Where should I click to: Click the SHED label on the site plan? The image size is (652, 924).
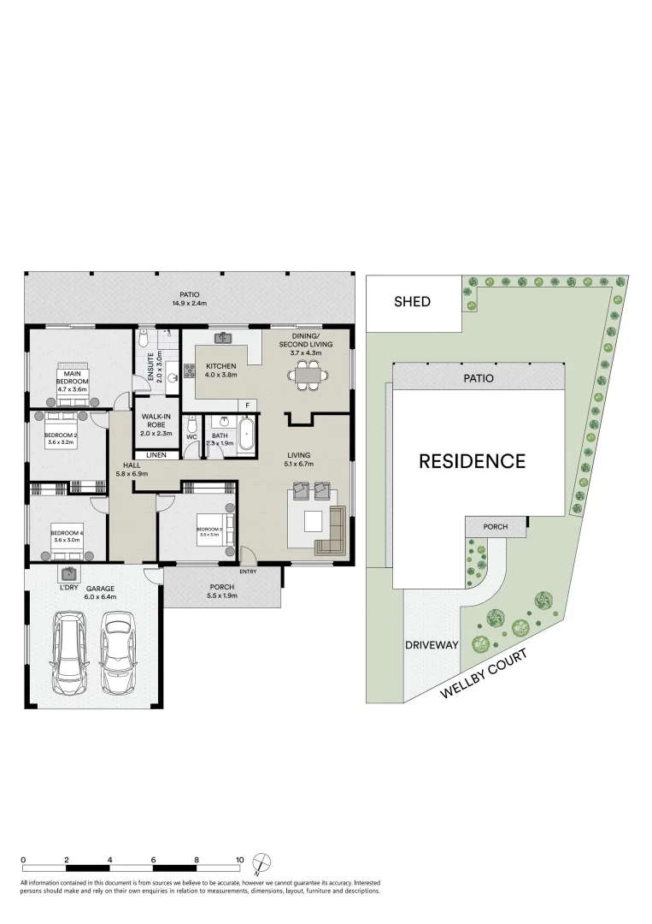pyautogui.click(x=412, y=301)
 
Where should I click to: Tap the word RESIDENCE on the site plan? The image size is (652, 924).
pyautogui.click(x=472, y=461)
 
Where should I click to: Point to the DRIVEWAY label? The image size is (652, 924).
pyautogui.click(x=432, y=644)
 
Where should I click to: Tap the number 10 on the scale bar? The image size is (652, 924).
pyautogui.click(x=240, y=860)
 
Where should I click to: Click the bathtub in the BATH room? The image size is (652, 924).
pyautogui.click(x=247, y=434)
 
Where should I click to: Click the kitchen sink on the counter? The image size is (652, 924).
pyautogui.click(x=225, y=338)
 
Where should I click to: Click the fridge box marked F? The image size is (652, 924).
pyautogui.click(x=248, y=405)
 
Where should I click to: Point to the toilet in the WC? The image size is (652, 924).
pyautogui.click(x=192, y=424)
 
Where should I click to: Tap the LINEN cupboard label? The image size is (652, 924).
pyautogui.click(x=156, y=455)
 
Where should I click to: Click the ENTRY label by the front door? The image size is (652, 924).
pyautogui.click(x=248, y=572)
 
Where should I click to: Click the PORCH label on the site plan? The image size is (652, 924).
pyautogui.click(x=496, y=527)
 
